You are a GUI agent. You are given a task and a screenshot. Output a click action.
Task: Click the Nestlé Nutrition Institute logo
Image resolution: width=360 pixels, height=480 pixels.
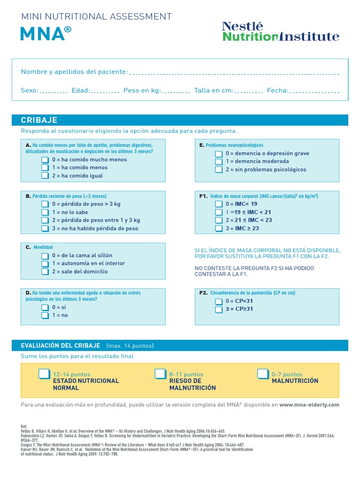tap(280, 31)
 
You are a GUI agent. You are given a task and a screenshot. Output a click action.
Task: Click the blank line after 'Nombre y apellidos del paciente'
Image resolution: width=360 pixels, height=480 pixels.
tap(234, 73)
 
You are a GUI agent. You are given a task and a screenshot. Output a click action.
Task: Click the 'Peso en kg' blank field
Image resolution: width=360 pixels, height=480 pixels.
tap(176, 91)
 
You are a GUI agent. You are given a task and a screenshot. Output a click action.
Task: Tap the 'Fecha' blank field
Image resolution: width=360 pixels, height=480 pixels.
tap(315, 91)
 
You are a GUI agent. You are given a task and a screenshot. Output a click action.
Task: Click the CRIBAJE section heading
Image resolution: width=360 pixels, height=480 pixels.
tap(39, 120)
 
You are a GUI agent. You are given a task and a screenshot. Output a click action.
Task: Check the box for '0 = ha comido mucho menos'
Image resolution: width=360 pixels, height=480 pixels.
tap(45, 160)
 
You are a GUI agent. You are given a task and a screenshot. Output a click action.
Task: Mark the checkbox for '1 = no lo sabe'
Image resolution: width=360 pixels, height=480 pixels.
tap(45, 212)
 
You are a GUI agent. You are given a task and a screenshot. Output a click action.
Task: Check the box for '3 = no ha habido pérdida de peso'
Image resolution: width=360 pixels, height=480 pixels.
tap(45, 229)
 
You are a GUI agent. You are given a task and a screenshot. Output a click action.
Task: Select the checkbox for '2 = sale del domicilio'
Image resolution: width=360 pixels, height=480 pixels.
tap(45, 272)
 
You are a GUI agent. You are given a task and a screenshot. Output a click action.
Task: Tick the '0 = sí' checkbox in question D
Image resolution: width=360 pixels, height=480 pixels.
tap(45, 307)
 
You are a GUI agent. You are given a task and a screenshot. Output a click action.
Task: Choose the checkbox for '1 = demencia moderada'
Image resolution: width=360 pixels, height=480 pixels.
tap(218, 162)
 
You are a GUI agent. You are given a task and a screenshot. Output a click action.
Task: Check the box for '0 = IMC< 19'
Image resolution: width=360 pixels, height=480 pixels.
tap(218, 204)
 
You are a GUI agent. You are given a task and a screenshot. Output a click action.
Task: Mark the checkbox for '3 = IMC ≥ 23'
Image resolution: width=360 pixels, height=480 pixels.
tap(218, 229)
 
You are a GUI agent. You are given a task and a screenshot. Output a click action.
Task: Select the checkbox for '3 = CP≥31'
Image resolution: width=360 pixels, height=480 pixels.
tap(218, 309)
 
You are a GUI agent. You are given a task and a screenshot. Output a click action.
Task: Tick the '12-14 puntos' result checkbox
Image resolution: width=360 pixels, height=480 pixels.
tap(44, 374)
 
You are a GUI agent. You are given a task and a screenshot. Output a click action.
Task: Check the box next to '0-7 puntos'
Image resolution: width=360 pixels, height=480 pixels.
tap(263, 374)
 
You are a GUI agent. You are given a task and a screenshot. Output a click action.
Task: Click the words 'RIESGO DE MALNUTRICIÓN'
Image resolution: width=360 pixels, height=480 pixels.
tap(192, 384)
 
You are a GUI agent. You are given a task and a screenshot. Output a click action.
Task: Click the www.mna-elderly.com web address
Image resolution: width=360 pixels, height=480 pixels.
tap(309, 405)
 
